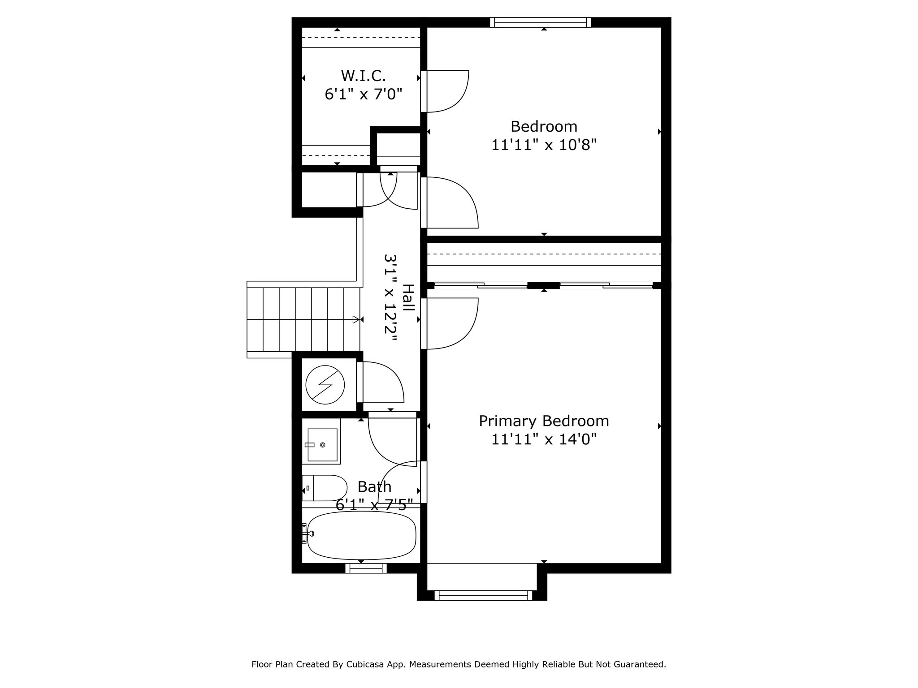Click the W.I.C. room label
point(363,75)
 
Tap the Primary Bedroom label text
point(544,421)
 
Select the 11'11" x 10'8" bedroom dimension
point(544,145)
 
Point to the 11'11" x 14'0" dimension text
point(544,439)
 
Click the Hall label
point(408,298)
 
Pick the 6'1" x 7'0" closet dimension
point(363,94)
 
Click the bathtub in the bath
point(361,535)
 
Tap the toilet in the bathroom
point(325,488)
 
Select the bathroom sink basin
point(322,444)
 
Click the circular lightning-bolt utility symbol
point(325,384)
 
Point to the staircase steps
point(303,319)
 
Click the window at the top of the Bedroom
point(540,22)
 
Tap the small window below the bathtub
point(366,568)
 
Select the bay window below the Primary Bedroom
point(483,595)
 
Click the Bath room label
point(374,486)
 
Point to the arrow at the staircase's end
point(356,319)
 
